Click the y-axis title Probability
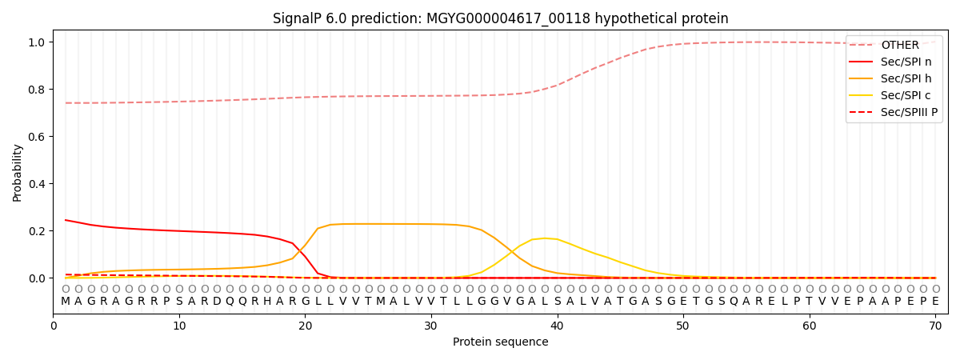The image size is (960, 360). coord(18,172)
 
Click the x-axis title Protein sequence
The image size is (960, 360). coord(500,342)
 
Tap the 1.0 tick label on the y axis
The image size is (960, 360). coord(36,42)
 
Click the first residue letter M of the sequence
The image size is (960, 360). coord(66,302)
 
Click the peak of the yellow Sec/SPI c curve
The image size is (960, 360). coord(545,238)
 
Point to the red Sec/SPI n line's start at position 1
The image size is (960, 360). coord(66,220)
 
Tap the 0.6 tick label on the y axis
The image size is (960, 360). coord(36,137)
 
